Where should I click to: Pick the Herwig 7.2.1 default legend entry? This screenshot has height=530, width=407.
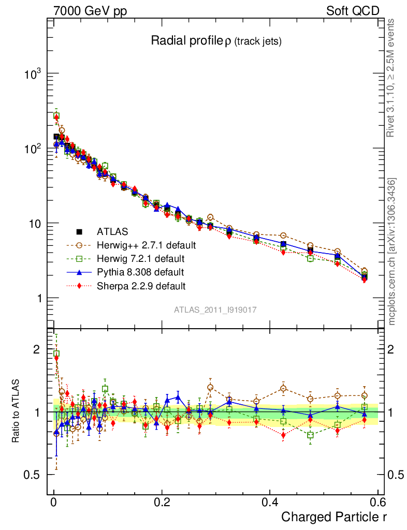tap(140, 258)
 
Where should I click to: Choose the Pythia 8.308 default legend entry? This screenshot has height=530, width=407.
tap(140, 272)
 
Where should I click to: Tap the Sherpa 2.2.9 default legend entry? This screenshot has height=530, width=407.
tap(141, 285)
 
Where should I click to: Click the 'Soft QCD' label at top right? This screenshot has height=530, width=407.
tap(353, 11)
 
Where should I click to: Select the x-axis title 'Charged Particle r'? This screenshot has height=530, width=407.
tap(334, 517)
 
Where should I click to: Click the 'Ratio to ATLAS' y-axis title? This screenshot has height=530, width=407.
tap(17, 411)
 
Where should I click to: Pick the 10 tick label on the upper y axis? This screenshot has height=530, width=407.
tap(34, 224)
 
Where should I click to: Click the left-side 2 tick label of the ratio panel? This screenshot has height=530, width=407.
tap(36, 349)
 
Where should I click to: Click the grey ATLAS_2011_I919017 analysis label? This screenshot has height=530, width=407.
tap(215, 310)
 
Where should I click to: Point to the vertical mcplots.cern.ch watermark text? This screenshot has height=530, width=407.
tap(392, 252)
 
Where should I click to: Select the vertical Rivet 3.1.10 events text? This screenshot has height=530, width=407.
tap(392, 78)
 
